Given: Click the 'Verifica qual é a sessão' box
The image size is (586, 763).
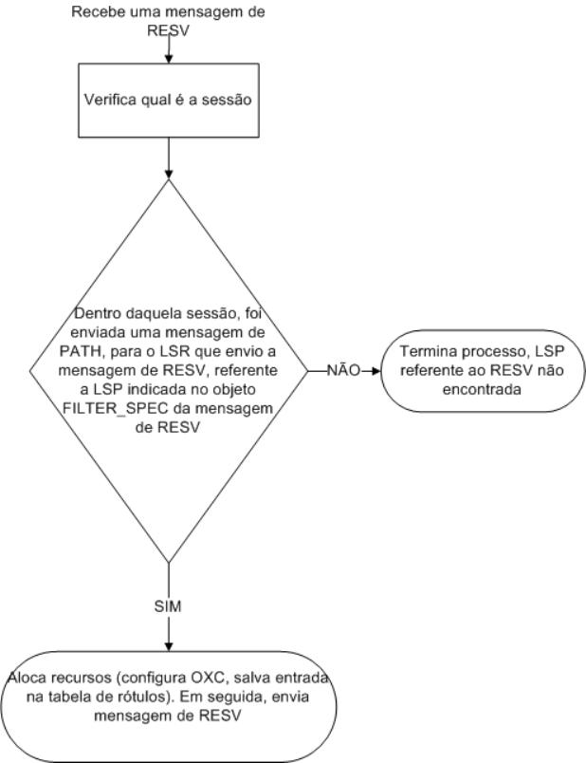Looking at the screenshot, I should [169, 102].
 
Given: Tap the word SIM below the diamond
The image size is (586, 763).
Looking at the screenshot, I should [169, 605].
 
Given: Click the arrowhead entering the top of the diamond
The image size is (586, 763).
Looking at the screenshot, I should [169, 175].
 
